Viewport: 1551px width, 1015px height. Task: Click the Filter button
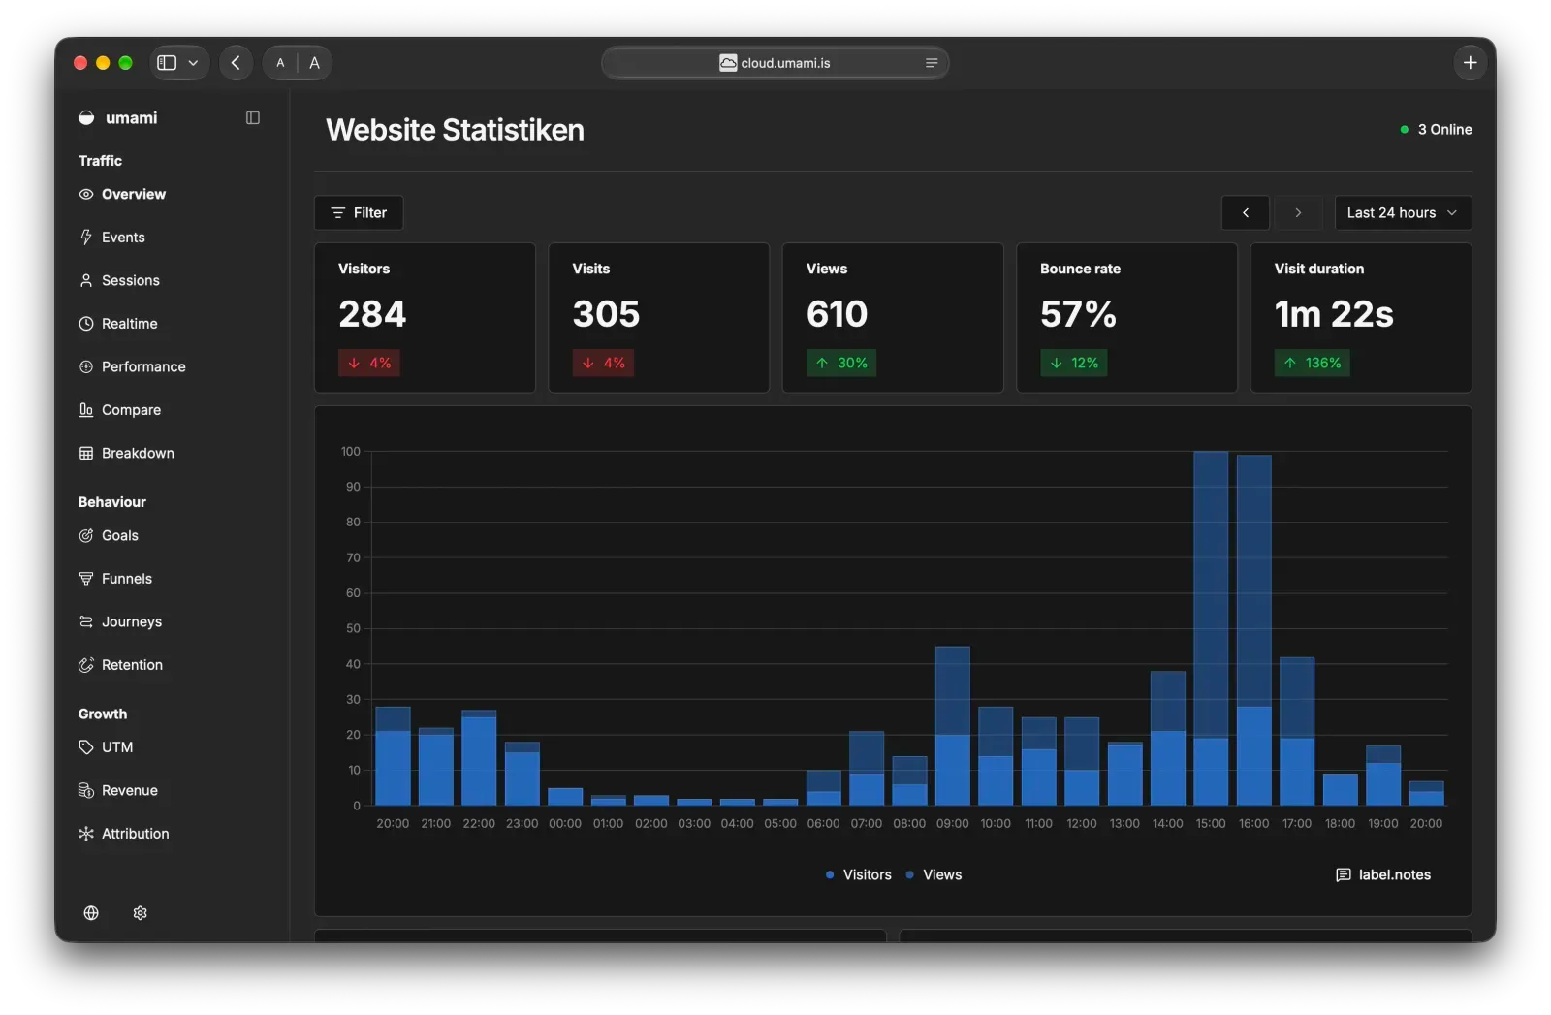pos(359,212)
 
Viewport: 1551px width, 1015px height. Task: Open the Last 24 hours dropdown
pos(1402,212)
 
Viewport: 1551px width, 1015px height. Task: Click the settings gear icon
pos(140,912)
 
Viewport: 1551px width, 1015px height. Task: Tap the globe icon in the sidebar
pos(91,912)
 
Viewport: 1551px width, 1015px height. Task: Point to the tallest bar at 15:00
pos(1211,628)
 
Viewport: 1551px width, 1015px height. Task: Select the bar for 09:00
pos(952,725)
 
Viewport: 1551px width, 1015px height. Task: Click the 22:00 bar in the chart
pos(479,757)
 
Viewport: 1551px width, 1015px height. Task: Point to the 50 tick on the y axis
pos(353,628)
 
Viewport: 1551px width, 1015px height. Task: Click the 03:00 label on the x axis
pos(694,823)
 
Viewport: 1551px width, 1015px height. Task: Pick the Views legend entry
pos(934,874)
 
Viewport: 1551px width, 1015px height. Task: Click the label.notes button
pos(1382,874)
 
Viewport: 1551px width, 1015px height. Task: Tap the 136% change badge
pos(1312,363)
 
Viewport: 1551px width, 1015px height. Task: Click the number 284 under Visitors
pos(372,314)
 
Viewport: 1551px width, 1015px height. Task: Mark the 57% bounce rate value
pos(1078,314)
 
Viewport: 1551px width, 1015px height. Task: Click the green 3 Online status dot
pos(1405,130)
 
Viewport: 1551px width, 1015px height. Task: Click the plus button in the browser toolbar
pos(1470,63)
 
